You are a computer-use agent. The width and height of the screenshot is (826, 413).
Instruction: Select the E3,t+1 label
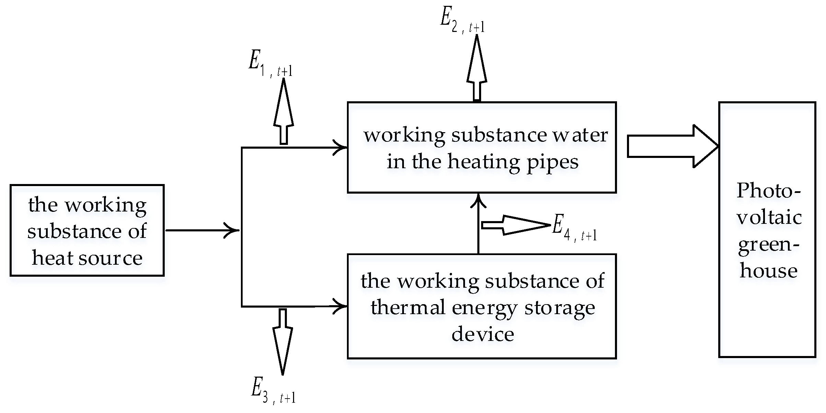[273, 391]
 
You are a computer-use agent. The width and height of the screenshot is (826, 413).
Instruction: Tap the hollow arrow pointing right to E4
[515, 225]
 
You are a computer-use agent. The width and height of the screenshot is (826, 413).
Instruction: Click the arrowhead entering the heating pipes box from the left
[340, 148]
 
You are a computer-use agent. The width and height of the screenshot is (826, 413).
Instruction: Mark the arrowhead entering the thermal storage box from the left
[340, 306]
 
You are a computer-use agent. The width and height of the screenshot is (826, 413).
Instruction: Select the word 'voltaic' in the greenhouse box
[769, 218]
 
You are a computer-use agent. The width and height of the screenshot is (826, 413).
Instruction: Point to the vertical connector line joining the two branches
[242, 227]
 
